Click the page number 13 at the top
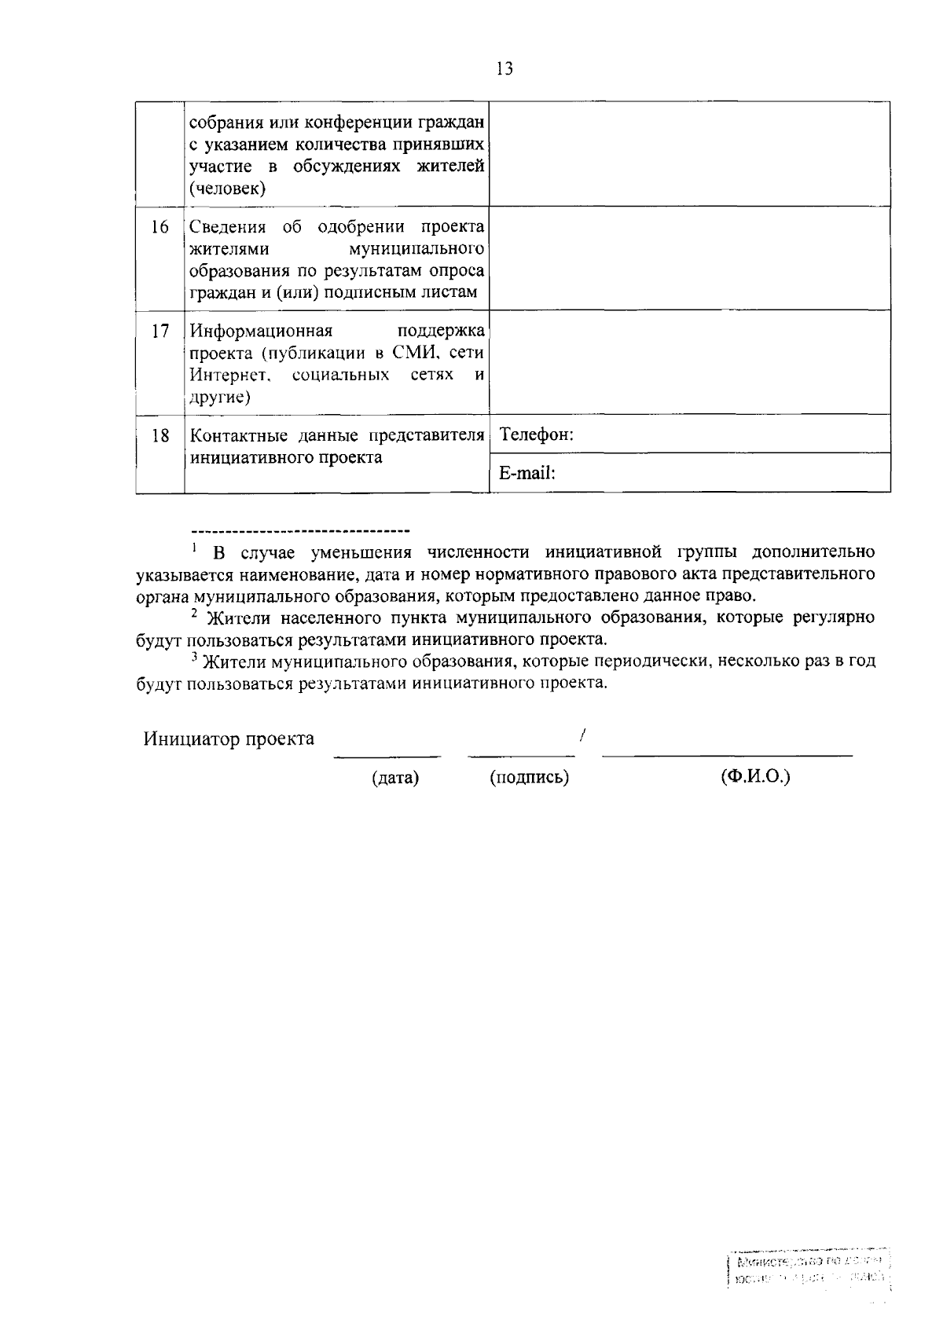click(x=505, y=69)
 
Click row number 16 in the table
click(x=160, y=228)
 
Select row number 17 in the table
click(x=160, y=332)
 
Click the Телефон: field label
click(x=536, y=434)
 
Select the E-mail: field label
click(x=527, y=473)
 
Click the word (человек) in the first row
click(x=228, y=189)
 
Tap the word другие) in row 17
click(x=220, y=398)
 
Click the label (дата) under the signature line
click(x=395, y=778)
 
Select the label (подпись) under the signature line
click(x=529, y=778)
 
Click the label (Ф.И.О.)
click(x=755, y=777)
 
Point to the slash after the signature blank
click(x=582, y=736)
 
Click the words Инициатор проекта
click(x=229, y=739)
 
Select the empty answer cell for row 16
click(x=689, y=258)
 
